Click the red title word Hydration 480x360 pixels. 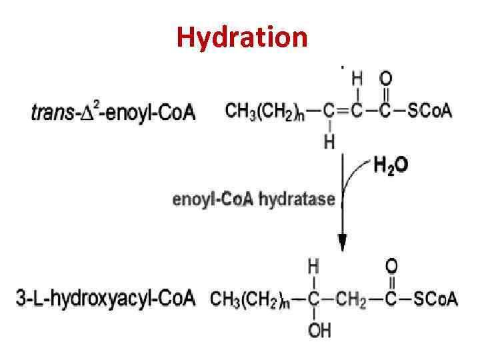(242, 37)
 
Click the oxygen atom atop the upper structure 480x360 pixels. (385, 79)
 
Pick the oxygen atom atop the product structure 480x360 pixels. (392, 267)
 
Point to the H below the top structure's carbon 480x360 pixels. (329, 141)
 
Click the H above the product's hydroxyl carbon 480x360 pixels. (313, 267)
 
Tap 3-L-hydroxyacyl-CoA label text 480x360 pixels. (105, 298)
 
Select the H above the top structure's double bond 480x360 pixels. (357, 79)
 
